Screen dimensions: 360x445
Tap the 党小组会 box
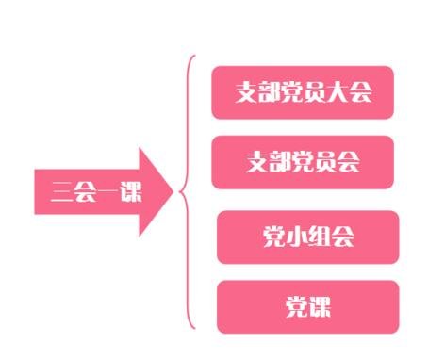307,237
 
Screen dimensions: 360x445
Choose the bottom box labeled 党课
307,306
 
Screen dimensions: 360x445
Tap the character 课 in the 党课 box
320,306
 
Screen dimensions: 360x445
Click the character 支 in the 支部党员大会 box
247,92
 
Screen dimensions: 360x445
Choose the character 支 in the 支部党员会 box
256,162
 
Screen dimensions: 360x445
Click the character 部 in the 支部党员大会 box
270,92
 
